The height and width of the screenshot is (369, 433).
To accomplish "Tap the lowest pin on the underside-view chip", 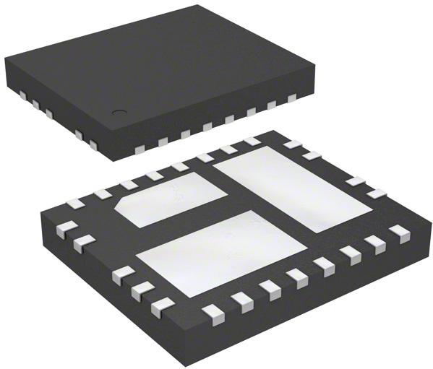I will pos(213,311).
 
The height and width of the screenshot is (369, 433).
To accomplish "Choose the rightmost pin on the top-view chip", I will pos(292,98).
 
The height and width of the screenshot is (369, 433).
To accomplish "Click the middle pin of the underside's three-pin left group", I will pos(140,290).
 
